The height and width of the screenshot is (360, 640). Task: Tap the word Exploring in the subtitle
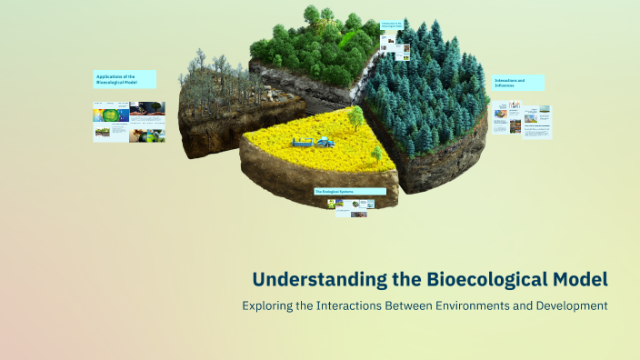269,306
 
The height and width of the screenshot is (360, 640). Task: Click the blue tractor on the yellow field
323,141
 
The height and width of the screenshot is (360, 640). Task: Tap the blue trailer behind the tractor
301,142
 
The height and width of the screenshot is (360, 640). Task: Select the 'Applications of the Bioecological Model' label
125,79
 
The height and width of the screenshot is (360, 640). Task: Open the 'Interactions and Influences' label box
518,82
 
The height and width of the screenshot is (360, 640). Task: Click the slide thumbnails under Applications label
129,122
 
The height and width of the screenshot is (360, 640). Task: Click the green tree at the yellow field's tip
355,117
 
